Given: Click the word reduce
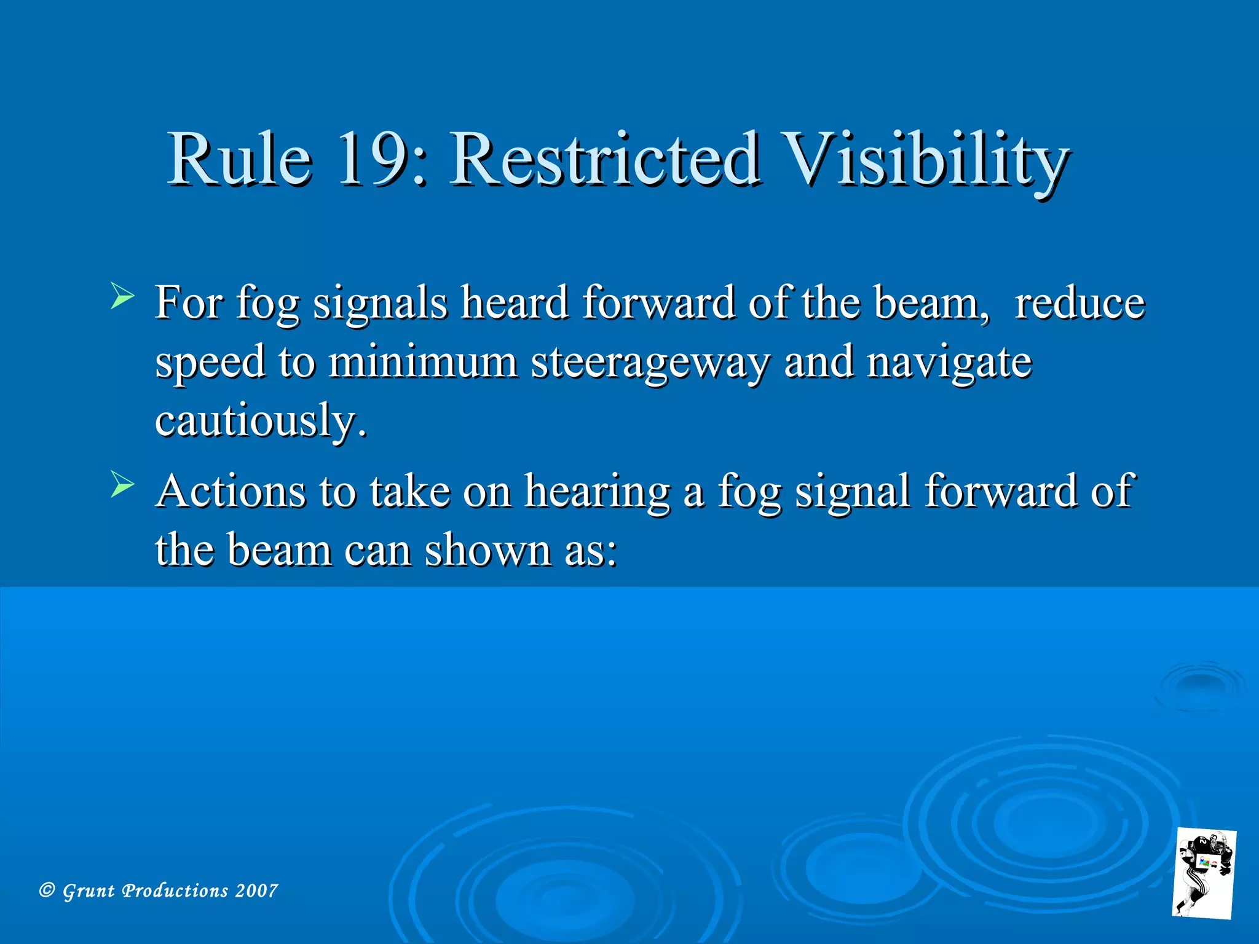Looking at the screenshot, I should [1079, 304].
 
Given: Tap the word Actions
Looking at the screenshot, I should [231, 491].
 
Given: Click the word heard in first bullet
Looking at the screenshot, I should [515, 303].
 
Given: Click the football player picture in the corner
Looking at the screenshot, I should [1204, 873].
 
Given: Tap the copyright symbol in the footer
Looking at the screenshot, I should [47, 890].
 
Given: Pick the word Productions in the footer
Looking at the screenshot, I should [175, 891].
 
